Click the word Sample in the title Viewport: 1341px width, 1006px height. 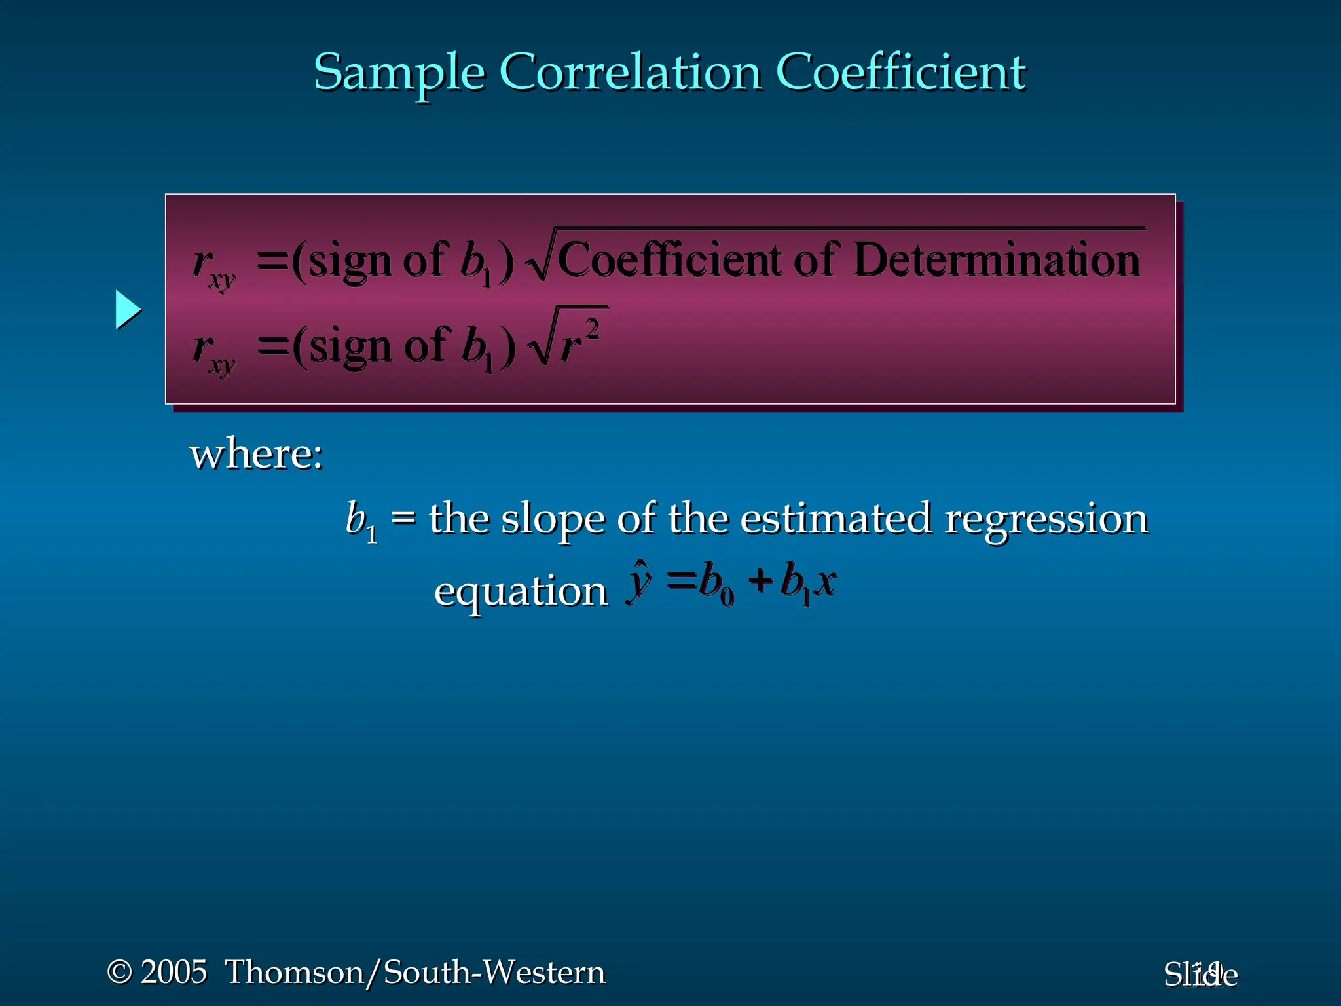coord(399,72)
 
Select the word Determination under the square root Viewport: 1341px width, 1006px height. coord(997,260)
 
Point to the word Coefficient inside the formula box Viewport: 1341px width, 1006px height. coord(669,260)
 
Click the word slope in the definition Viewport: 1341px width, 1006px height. coord(553,519)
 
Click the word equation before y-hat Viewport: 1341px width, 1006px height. coord(521,591)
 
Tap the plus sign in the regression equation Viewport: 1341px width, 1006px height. coord(761,580)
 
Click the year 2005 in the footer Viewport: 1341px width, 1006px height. coord(174,972)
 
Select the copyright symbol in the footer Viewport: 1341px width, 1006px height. coord(120,972)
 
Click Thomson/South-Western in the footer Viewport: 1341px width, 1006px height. coord(415,972)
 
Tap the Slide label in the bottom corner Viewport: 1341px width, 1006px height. coord(1200,975)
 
